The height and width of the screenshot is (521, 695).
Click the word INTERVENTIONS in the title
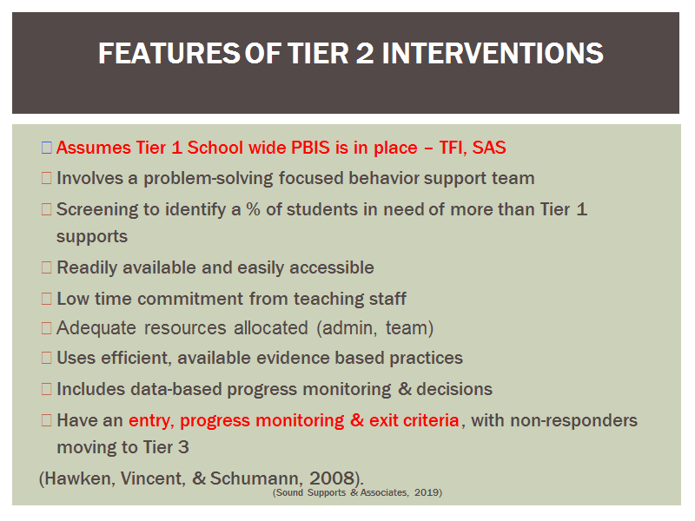coord(493,53)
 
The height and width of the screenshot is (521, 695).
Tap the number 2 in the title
coord(365,53)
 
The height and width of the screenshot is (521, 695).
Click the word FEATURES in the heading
coord(169,53)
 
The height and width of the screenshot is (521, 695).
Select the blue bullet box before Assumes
coord(47,148)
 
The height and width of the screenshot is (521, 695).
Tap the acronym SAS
coord(489,148)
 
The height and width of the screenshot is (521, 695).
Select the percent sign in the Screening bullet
coord(253,209)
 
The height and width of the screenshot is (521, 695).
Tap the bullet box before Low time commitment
coord(47,299)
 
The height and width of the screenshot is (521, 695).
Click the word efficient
coord(136,358)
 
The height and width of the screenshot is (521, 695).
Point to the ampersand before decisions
coord(405,389)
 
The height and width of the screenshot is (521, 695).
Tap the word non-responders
coord(573,420)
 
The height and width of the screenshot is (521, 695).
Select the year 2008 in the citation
coord(332,478)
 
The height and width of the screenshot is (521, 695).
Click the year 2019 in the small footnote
coord(427,492)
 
